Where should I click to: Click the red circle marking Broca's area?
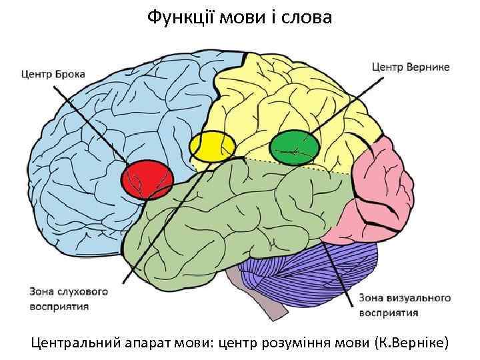[x=147, y=179]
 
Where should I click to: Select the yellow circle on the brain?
[x=213, y=147]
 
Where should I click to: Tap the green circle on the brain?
[x=295, y=147]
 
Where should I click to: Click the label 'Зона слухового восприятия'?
[x=68, y=299]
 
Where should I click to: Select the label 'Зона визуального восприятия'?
[x=405, y=305]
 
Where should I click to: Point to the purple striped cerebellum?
[x=307, y=267]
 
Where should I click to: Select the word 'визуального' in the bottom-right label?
[x=417, y=297]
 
